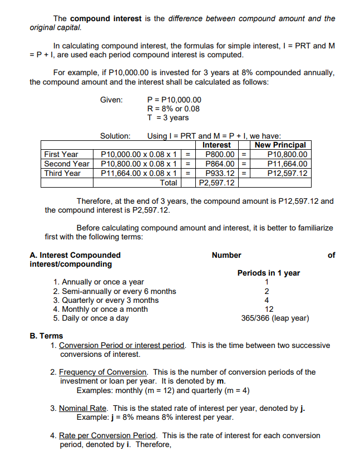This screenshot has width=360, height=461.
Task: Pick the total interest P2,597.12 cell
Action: [x=216, y=183]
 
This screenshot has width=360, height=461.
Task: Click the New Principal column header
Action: [x=280, y=145]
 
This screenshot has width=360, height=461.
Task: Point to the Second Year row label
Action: [x=67, y=164]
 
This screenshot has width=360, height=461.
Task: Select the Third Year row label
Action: [x=62, y=173]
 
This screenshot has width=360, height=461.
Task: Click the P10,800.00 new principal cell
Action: [x=286, y=154]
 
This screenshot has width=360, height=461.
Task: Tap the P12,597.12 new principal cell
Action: [x=286, y=173]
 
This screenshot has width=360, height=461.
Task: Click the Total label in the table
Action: [x=169, y=183]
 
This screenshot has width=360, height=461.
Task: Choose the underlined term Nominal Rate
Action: [x=83, y=408]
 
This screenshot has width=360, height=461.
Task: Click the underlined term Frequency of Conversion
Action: [x=103, y=372]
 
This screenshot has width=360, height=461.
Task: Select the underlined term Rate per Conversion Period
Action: [x=108, y=436]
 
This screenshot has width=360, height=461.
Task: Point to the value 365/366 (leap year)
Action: [x=268, y=318]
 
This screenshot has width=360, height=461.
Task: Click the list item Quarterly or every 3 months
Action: [x=106, y=300]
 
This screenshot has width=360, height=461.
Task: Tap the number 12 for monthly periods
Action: [x=269, y=309]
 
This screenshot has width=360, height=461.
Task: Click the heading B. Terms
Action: [x=46, y=336]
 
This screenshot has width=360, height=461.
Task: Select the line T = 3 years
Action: [x=167, y=117]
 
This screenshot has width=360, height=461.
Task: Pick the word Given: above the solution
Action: [x=111, y=100]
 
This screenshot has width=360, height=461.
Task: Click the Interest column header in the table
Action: [x=216, y=145]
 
